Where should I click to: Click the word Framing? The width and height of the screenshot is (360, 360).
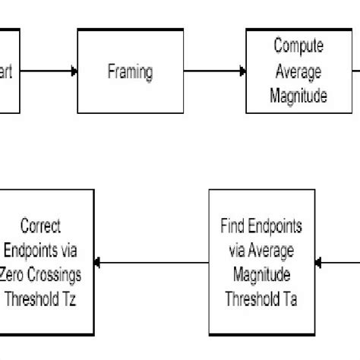[131, 72]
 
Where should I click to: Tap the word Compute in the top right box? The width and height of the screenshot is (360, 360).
[298, 46]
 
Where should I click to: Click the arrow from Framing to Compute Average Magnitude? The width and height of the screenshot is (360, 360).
[215, 72]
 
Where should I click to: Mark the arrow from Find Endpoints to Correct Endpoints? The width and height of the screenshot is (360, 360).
[152, 263]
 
